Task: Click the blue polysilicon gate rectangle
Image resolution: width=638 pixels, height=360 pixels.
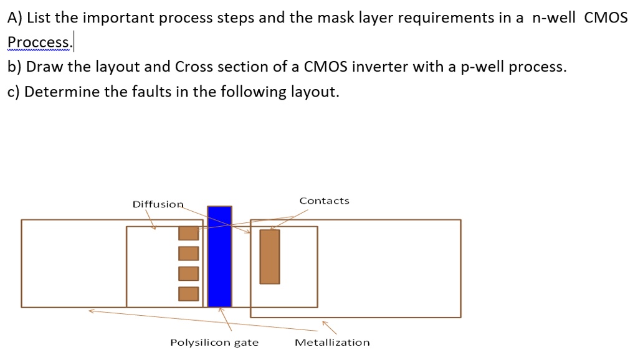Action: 220,256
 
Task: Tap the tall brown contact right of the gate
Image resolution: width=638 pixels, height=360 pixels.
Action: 270,257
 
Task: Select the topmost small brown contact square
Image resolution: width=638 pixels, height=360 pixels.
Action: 188,233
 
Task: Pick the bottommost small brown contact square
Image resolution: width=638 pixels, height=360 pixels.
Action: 188,294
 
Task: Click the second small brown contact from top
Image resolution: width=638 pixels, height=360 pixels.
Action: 188,253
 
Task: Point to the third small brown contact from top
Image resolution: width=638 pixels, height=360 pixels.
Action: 188,273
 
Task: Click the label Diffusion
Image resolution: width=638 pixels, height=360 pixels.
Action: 158,204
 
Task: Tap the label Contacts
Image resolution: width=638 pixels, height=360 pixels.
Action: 324,201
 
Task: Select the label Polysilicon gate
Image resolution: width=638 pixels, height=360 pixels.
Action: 214,343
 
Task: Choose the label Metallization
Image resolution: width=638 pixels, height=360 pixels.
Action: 332,343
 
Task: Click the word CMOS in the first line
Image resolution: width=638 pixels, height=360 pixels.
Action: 606,17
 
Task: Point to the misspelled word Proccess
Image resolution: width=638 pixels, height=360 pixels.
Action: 40,42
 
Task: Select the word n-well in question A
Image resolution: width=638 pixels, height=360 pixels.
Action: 553,17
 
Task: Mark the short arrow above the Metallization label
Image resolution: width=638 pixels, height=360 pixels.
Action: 330,328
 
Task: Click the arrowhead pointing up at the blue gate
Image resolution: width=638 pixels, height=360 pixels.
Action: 220,310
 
